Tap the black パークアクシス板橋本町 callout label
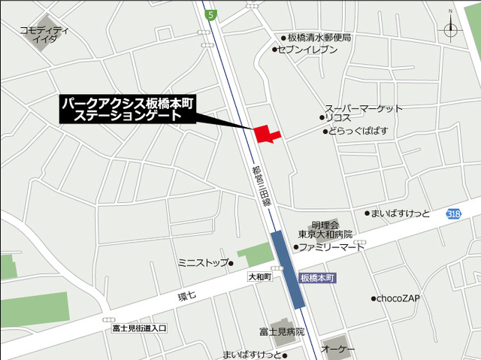(x=127, y=110)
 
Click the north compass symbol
(x=451, y=29)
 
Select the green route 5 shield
(x=212, y=14)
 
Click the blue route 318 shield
(x=452, y=213)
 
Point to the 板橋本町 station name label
(x=317, y=277)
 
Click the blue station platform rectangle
(x=289, y=268)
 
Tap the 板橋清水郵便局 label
(x=320, y=37)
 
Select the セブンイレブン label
(x=308, y=50)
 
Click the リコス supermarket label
(x=339, y=118)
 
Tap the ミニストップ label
(x=203, y=262)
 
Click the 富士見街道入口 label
(x=138, y=328)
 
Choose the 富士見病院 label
(x=282, y=331)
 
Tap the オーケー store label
(x=338, y=349)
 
